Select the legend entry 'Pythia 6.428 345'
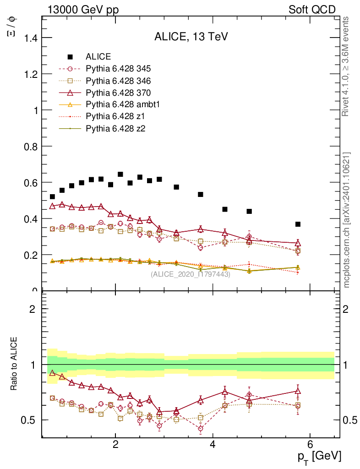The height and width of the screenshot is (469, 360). click(118, 69)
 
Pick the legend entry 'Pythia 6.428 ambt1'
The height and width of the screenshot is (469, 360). click(122, 104)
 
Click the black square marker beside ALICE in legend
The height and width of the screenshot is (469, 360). click(70, 57)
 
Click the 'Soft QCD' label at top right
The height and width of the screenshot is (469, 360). click(312, 10)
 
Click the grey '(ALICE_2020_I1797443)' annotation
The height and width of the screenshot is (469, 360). click(191, 274)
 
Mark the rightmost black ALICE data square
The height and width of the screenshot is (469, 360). click(298, 224)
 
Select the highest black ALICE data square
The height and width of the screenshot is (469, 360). click(120, 174)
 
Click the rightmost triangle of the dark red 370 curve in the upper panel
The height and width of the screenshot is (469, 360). click(298, 243)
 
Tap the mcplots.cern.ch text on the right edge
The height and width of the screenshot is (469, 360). click(347, 220)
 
